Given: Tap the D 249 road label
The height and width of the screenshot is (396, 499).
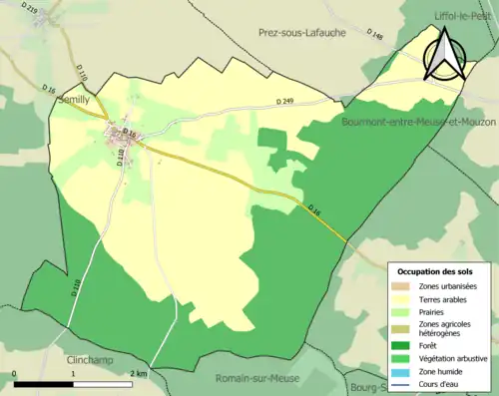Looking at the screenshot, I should [288, 102].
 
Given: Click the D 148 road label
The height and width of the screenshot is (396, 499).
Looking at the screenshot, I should [376, 37].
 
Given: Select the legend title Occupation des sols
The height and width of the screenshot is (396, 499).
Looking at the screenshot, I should [437, 270].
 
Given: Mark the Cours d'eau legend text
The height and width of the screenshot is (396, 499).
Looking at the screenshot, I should [444, 384].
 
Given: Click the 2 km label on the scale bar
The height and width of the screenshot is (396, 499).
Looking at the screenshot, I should [139, 373].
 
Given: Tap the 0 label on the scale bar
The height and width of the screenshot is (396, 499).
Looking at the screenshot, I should [15, 373].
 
